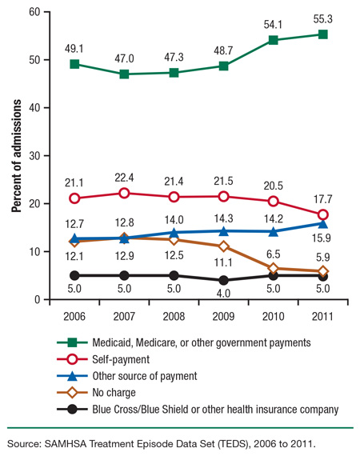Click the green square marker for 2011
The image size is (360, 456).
(322, 34)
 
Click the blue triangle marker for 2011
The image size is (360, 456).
(322, 224)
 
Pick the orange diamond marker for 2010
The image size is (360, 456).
(273, 269)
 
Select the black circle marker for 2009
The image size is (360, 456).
(223, 281)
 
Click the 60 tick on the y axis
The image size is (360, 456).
(34, 12)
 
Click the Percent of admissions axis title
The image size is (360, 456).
(16, 156)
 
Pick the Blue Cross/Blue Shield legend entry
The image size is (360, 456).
(227, 410)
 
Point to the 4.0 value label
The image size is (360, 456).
(223, 294)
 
